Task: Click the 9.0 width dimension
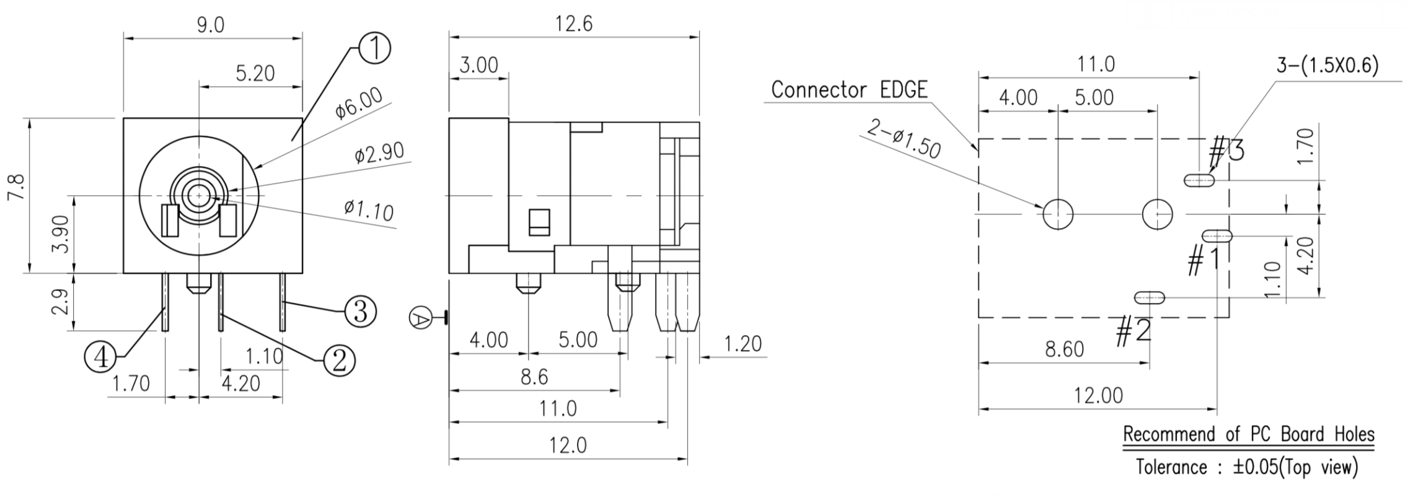pyautogui.click(x=211, y=25)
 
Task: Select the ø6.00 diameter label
pyautogui.click(x=358, y=103)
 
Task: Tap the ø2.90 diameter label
pyautogui.click(x=379, y=152)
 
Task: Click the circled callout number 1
pyautogui.click(x=374, y=50)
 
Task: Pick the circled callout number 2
pyautogui.click(x=339, y=360)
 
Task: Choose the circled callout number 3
pyautogui.click(x=360, y=311)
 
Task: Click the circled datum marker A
pyautogui.click(x=420, y=319)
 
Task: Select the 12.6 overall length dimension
pyautogui.click(x=574, y=24)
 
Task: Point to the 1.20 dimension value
pyautogui.click(x=742, y=344)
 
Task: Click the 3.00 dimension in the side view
pyautogui.click(x=478, y=65)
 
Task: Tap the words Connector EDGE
pyautogui.click(x=849, y=90)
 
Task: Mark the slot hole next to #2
pyautogui.click(x=1149, y=298)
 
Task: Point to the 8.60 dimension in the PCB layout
pyautogui.click(x=1064, y=349)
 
